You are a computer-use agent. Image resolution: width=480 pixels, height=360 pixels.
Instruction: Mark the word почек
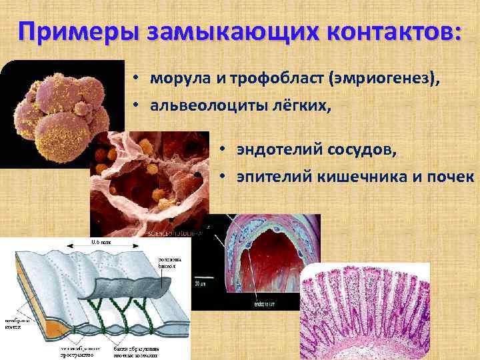[453, 177]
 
